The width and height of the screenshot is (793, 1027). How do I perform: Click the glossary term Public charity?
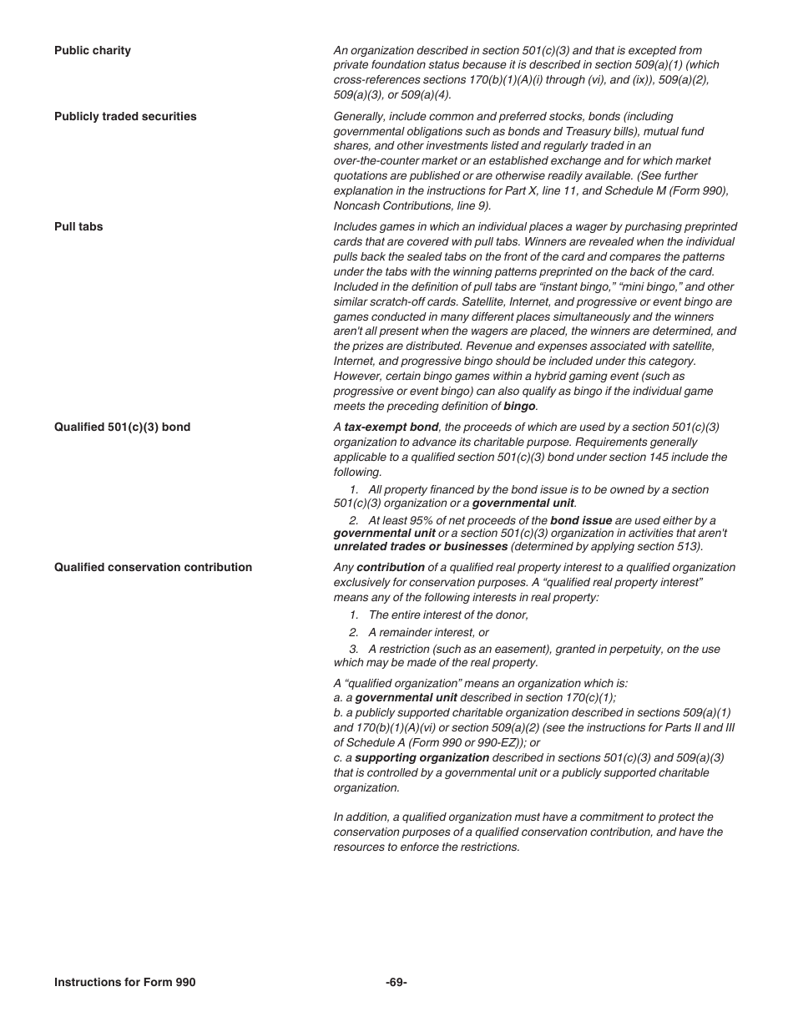(x=93, y=50)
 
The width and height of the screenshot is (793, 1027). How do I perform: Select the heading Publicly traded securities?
(x=125, y=116)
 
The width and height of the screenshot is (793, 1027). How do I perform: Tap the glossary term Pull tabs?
(x=78, y=226)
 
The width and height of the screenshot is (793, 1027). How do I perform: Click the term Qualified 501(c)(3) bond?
(x=122, y=427)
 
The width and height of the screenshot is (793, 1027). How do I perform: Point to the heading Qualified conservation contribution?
(x=153, y=567)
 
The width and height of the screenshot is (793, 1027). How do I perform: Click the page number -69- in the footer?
(x=396, y=982)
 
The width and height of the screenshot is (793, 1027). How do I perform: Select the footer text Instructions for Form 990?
(x=124, y=982)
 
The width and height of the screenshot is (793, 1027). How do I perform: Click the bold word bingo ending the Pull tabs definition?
(x=519, y=407)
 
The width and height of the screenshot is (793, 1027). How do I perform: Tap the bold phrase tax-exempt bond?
(x=391, y=427)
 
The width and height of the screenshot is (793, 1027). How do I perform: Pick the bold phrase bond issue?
(x=581, y=520)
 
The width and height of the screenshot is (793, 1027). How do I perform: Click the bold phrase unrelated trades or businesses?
(x=420, y=547)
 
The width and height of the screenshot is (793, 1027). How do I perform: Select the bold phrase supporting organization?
(x=422, y=758)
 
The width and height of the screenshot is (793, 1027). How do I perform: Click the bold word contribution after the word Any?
(x=391, y=567)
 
